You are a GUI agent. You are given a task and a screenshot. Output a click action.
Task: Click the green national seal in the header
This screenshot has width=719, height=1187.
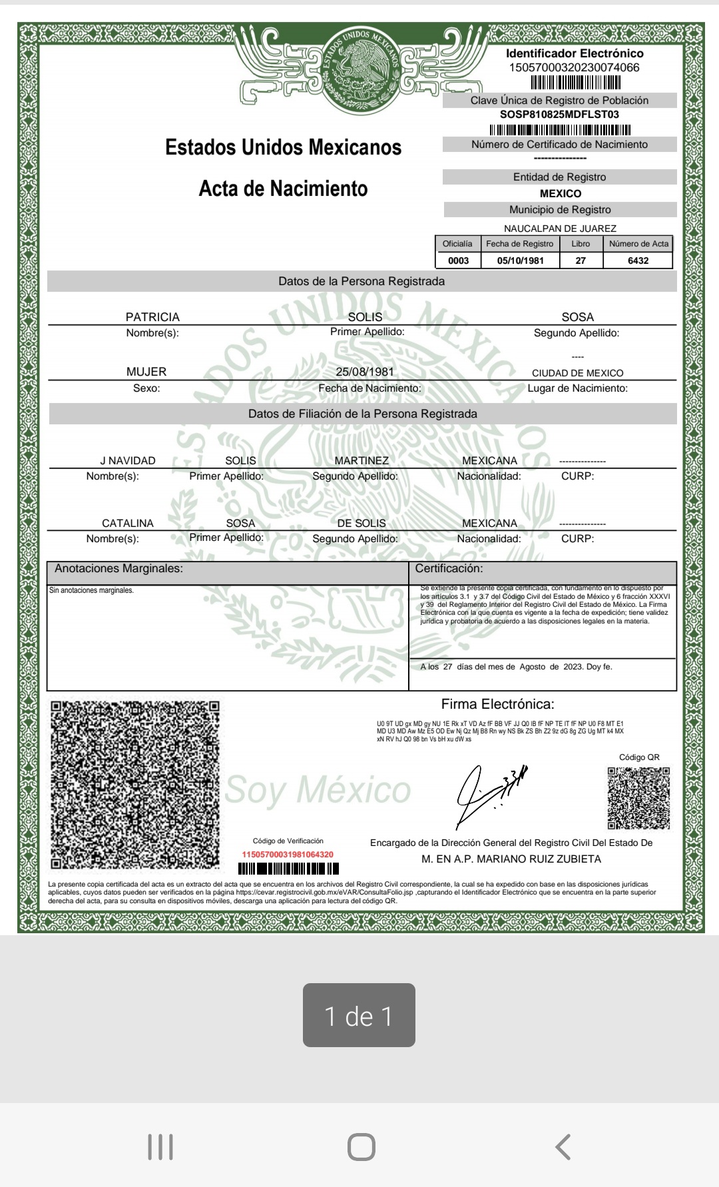(x=363, y=65)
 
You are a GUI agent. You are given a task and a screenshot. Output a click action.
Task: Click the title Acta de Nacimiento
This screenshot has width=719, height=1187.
(x=283, y=189)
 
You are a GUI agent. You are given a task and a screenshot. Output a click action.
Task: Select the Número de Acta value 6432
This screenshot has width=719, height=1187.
(x=638, y=260)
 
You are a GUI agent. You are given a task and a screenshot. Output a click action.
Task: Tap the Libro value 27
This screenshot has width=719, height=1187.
(x=581, y=260)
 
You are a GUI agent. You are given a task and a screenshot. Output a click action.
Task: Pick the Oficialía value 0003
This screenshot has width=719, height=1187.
(x=458, y=260)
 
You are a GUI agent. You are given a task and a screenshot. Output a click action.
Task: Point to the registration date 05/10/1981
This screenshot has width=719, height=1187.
(x=521, y=260)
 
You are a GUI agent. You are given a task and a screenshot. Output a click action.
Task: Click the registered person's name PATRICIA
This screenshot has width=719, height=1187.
(x=152, y=317)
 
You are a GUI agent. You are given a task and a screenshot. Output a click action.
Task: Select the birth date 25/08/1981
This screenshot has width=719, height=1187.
(x=365, y=372)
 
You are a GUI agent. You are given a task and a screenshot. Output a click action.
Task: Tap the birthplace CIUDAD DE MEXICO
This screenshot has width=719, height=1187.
(x=577, y=373)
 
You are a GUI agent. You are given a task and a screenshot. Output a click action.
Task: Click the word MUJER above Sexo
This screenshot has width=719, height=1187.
(x=146, y=372)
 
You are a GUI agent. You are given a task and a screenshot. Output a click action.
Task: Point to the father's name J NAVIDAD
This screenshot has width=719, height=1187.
(x=128, y=460)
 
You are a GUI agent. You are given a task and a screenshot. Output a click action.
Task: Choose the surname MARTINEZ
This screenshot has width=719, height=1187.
(x=361, y=460)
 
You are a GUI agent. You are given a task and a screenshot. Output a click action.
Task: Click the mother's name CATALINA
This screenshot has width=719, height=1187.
(x=128, y=523)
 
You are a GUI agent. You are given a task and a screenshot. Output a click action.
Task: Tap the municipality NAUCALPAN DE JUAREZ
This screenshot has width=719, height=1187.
(x=560, y=228)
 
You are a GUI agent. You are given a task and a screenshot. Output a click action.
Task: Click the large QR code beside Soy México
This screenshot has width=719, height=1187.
(x=135, y=784)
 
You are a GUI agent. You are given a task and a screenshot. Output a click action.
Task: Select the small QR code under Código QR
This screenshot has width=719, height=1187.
(x=638, y=798)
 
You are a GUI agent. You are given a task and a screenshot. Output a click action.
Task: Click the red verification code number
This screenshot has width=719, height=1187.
(x=288, y=854)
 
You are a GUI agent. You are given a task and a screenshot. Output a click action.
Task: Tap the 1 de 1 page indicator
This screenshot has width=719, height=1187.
(x=359, y=1015)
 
